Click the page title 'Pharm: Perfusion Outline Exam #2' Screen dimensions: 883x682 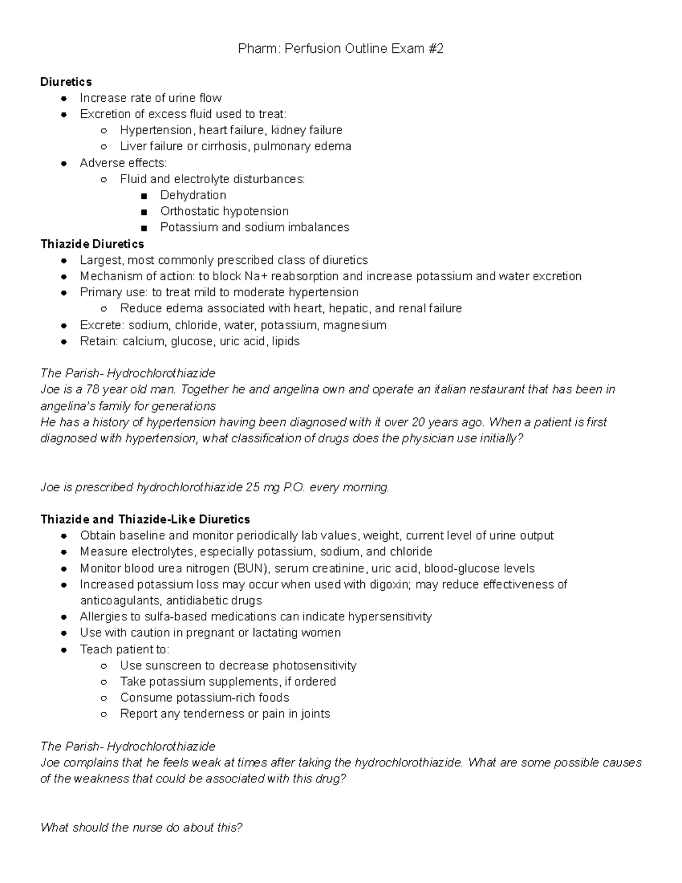[340, 49]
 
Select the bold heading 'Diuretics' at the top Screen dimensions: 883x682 [66, 82]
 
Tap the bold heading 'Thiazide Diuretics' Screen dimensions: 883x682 [92, 244]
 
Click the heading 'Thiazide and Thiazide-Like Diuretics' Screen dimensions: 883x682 [145, 519]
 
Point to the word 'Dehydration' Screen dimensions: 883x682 [193, 195]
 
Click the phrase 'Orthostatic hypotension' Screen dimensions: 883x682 [224, 211]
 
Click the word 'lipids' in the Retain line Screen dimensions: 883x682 [285, 341]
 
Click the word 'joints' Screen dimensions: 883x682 [315, 714]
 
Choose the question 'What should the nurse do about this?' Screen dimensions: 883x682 [142, 827]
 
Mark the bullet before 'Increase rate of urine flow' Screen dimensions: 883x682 [64, 98]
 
